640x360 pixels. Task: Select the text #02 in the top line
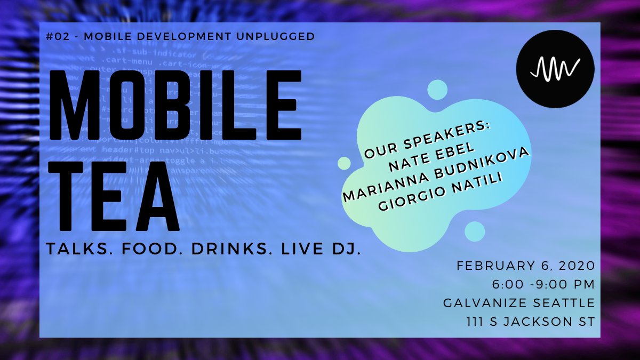coord(55,37)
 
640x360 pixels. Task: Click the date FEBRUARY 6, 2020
coord(525,266)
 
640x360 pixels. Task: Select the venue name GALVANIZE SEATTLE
coord(519,303)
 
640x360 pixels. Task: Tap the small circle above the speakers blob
coord(437,90)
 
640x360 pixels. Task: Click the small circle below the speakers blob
coord(474,231)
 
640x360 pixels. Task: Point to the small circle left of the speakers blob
coord(345,163)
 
